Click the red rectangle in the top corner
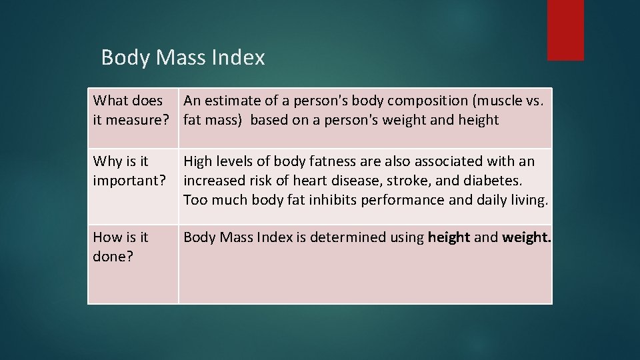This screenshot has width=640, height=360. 565,30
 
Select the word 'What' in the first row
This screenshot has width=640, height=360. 110,101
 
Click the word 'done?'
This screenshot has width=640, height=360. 113,257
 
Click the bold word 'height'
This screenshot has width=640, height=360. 449,237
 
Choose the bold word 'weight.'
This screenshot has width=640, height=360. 526,237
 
